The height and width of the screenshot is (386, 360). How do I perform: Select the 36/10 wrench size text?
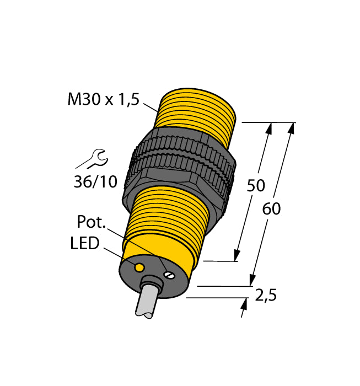(95, 181)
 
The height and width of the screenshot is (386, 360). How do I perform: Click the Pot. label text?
(92, 223)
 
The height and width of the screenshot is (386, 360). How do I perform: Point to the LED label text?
(84, 243)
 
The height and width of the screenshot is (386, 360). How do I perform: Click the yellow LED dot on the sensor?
(139, 268)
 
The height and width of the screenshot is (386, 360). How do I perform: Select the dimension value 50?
(256, 186)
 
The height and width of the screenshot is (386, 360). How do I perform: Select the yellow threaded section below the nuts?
(171, 212)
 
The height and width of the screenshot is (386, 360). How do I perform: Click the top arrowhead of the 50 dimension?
(269, 128)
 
